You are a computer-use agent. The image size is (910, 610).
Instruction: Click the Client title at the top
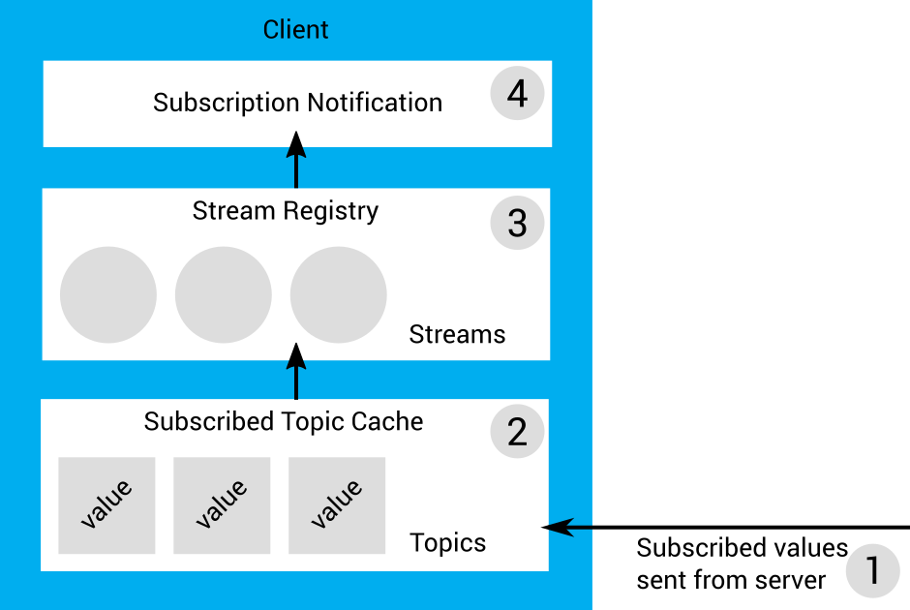[296, 30]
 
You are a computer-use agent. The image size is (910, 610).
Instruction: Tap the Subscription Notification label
[297, 103]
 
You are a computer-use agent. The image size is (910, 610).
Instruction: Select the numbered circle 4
[517, 94]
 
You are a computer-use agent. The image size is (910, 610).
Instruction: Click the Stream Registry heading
[286, 211]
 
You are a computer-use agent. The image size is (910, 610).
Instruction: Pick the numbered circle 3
[517, 223]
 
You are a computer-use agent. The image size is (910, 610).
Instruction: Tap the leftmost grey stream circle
[108, 295]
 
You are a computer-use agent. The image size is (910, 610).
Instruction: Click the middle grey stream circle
[224, 295]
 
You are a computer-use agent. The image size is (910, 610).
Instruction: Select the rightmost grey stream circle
[339, 295]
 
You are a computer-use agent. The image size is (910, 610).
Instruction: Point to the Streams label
[457, 335]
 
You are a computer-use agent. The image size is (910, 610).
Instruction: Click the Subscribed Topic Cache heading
[284, 422]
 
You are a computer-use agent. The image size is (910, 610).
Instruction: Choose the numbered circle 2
[517, 432]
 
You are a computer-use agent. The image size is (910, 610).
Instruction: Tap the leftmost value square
[106, 505]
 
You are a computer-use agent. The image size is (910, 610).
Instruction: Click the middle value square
[222, 505]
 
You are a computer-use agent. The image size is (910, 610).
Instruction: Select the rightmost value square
[337, 505]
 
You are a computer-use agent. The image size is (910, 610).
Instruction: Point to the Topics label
[448, 542]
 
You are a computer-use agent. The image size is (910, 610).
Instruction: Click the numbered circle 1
[872, 571]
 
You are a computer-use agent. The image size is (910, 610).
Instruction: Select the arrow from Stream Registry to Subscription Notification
[296, 161]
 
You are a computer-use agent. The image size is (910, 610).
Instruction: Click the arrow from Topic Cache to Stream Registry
[296, 374]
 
